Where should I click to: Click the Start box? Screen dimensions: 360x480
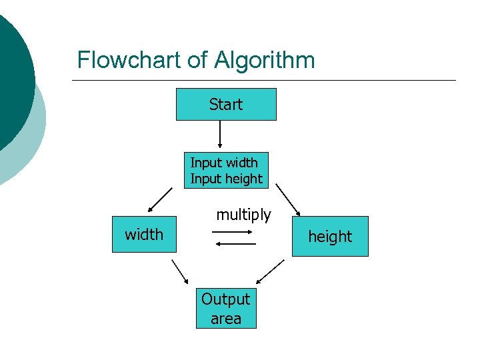pyautogui.click(x=225, y=105)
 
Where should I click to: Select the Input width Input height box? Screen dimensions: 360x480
pyautogui.click(x=226, y=171)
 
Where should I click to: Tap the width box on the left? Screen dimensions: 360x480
pyautogui.click(x=144, y=234)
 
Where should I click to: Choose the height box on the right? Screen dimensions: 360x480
pyautogui.click(x=329, y=237)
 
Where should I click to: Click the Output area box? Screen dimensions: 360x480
pyautogui.click(x=225, y=309)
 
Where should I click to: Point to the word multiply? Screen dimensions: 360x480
pyautogui.click(x=243, y=215)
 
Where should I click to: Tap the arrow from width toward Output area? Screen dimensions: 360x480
pyautogui.click(x=180, y=271)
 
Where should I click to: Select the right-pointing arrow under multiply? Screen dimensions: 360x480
pyautogui.click(x=231, y=232)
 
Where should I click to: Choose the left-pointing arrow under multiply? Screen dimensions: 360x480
pyautogui.click(x=236, y=244)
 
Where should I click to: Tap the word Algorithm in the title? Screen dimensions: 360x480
pyautogui.click(x=264, y=61)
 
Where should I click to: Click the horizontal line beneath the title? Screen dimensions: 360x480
pyautogui.click(x=263, y=81)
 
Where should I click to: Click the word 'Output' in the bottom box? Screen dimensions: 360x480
pyautogui.click(x=225, y=299)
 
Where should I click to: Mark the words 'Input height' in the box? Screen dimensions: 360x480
pyautogui.click(x=226, y=179)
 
